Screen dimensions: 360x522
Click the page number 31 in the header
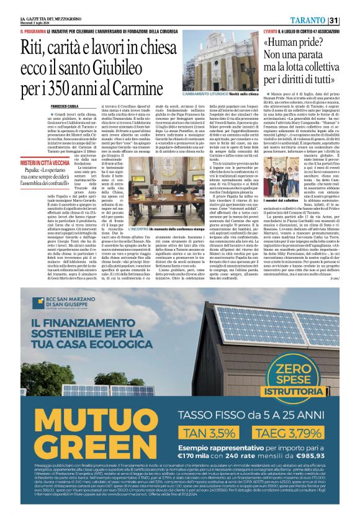(335, 21)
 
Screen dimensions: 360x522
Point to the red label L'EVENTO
(271, 30)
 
